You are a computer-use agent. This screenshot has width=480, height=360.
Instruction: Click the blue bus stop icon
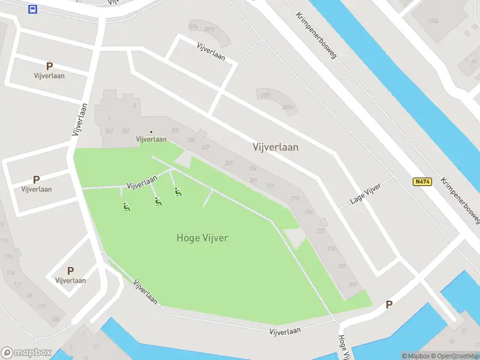tap(32, 9)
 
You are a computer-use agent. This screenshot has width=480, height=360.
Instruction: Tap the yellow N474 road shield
tap(422, 182)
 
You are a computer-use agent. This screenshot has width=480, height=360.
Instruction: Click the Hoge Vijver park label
tap(202, 238)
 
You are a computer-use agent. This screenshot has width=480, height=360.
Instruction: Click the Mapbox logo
tap(26, 353)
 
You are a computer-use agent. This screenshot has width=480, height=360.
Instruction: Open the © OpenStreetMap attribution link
tap(455, 356)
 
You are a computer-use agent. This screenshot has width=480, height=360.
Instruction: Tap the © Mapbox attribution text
tap(415, 356)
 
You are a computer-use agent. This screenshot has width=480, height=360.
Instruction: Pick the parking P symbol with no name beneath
tap(389, 305)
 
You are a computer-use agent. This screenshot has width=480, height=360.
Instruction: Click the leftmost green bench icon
tap(126, 208)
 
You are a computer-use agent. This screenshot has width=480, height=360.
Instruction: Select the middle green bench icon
tap(158, 202)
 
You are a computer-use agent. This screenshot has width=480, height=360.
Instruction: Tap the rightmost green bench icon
tap(178, 192)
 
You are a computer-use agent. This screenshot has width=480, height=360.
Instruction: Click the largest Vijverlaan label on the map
tap(275, 147)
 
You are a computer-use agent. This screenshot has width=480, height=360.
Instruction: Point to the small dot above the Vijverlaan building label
tap(151, 132)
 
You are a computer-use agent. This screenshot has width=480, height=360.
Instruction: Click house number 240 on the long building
tap(353, 284)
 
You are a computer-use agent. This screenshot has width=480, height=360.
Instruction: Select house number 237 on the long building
tap(321, 231)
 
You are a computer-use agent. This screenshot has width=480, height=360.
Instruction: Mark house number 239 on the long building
tap(342, 266)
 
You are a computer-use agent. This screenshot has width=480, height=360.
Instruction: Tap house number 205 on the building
tap(175, 131)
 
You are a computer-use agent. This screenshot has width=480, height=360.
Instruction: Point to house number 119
tap(41, 306)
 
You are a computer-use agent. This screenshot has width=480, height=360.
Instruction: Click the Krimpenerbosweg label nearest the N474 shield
tap(459, 197)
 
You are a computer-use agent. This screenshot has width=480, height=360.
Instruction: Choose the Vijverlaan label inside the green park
tap(142, 181)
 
